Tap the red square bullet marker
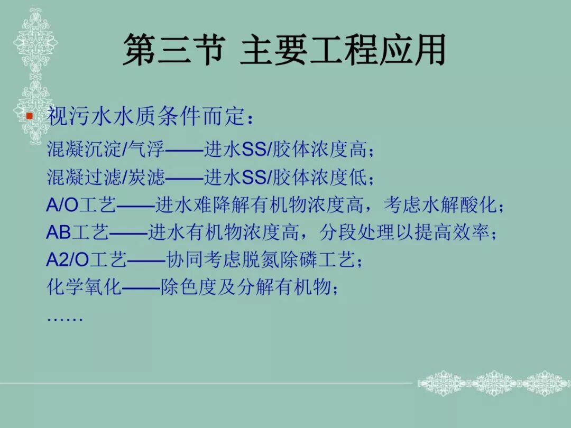[x=30, y=116]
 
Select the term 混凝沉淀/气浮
[x=106, y=150]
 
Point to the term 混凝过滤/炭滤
[x=106, y=178]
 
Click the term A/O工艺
[x=81, y=205]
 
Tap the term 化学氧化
[x=84, y=288]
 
